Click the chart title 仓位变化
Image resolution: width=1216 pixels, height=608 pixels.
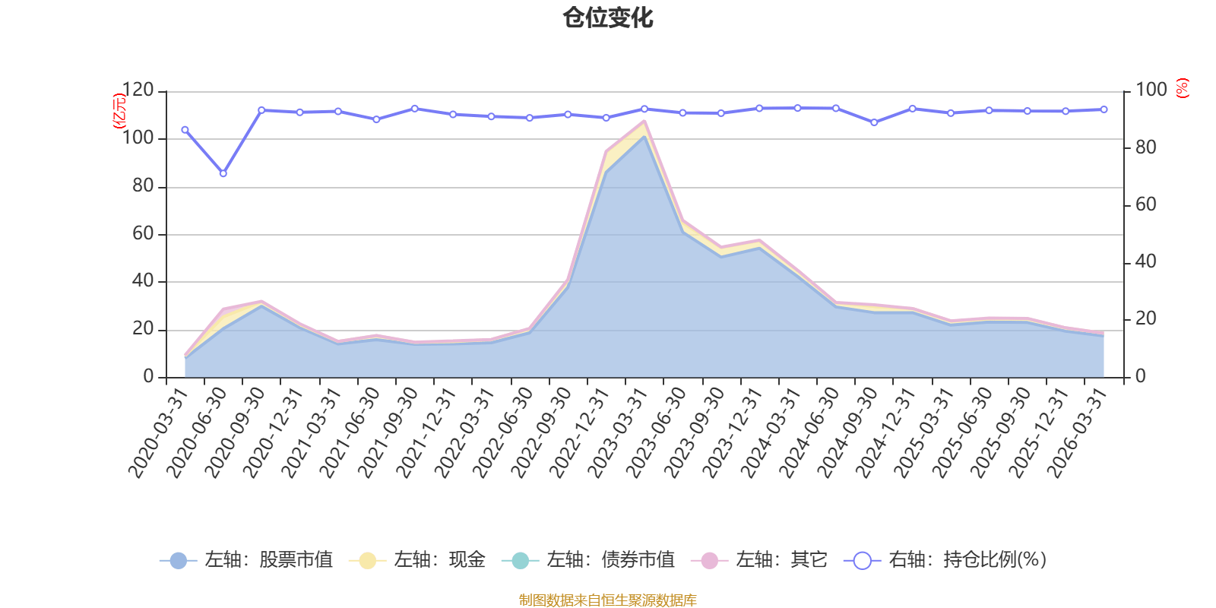coord(608,17)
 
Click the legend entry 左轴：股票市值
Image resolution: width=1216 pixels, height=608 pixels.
coord(246,561)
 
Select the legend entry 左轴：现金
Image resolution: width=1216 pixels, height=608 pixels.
coord(417,561)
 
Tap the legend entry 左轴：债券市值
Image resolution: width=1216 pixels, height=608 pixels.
coord(588,561)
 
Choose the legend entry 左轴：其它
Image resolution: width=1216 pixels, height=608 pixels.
coord(759,561)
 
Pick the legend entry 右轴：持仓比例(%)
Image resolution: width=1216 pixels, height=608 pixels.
coord(945,561)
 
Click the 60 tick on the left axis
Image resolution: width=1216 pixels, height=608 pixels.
coord(142,234)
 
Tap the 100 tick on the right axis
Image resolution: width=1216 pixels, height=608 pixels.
coord(1151,90)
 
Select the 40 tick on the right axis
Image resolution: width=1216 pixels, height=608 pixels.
coord(1145,261)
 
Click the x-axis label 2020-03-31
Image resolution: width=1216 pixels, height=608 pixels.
coord(157,432)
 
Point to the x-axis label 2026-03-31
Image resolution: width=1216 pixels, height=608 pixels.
coord(1077,432)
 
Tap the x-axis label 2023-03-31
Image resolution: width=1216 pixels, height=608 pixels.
coord(617,432)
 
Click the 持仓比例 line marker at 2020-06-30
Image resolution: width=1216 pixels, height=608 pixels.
coord(223,174)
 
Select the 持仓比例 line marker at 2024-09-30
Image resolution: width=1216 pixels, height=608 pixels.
coord(874,122)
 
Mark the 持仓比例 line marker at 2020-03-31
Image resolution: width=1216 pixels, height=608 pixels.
coord(185,130)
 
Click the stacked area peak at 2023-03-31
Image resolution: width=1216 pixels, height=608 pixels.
coord(644,122)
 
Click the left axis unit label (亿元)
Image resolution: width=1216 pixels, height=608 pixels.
coord(119,110)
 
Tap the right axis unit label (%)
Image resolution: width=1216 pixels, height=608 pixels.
coord(1182,88)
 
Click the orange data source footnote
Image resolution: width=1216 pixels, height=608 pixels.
coord(607,600)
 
